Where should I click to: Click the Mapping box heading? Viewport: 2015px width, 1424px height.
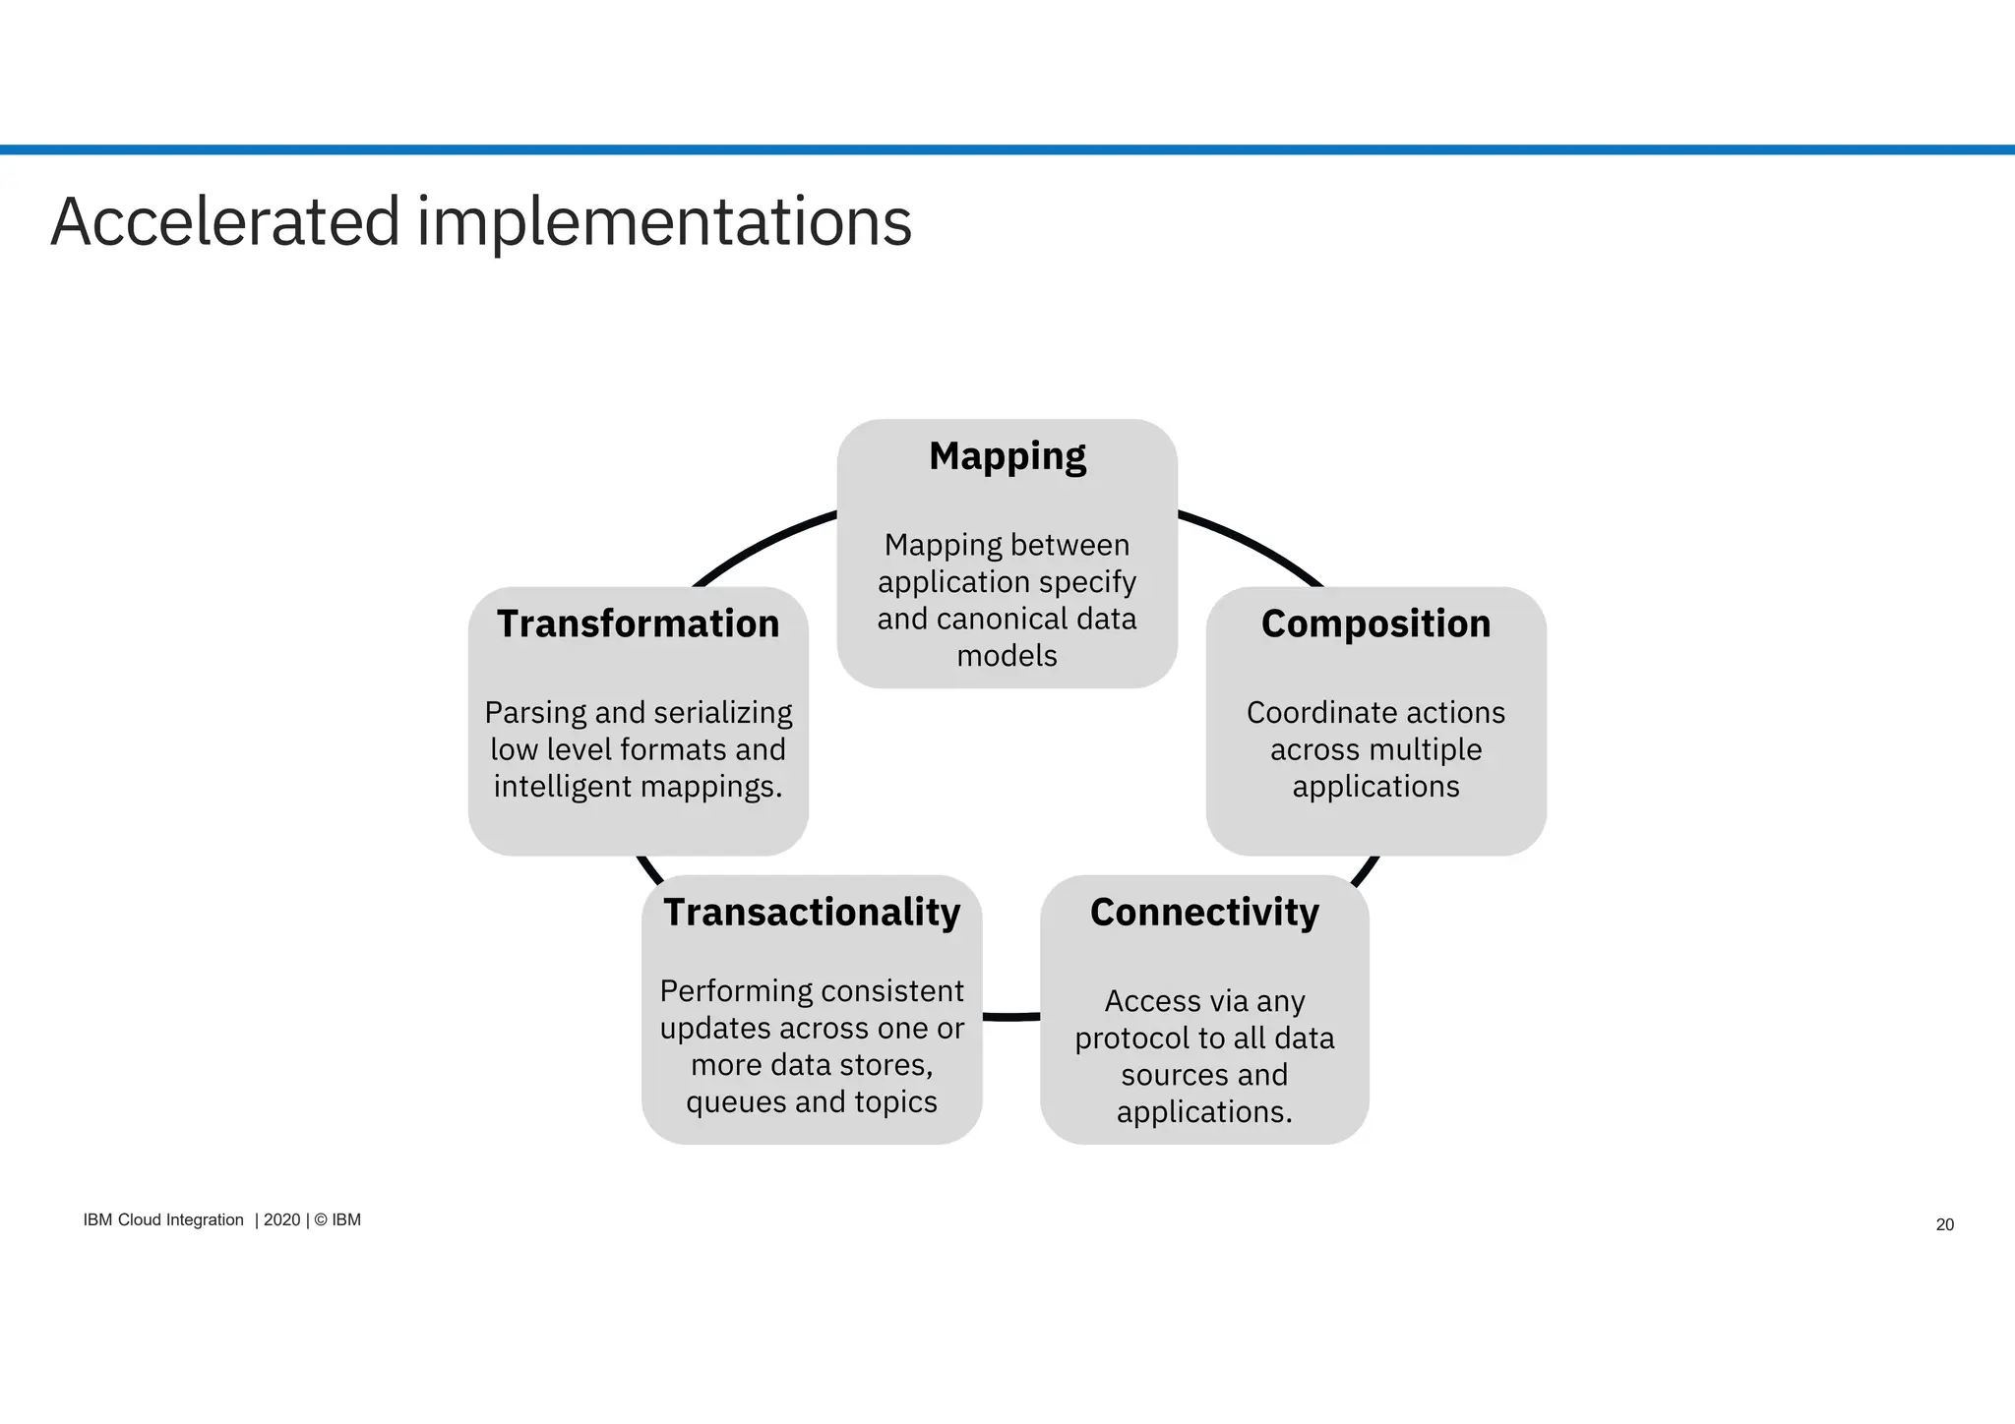(x=1007, y=457)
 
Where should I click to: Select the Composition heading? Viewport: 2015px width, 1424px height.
(x=1375, y=624)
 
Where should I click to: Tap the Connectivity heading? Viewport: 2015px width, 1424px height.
(x=1204, y=913)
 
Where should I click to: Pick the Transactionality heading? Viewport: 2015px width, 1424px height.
(x=812, y=913)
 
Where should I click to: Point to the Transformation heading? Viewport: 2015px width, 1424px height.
(x=638, y=624)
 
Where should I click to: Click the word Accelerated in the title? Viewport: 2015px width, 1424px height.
(x=225, y=222)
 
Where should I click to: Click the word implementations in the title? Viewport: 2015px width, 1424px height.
(x=664, y=222)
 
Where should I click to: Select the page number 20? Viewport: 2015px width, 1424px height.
(x=1944, y=1224)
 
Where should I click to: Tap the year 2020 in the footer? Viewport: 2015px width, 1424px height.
(x=281, y=1219)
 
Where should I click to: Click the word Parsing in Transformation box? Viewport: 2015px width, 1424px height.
(x=535, y=713)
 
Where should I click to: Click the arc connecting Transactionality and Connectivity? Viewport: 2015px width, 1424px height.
(x=1011, y=1016)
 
